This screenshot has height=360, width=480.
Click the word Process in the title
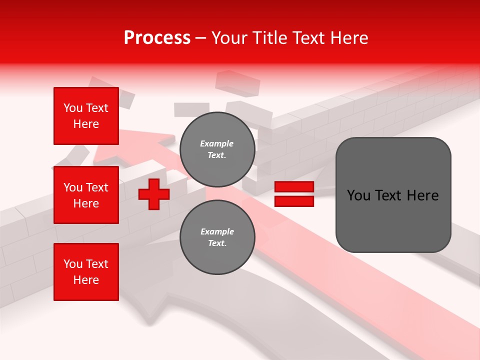pos(157,38)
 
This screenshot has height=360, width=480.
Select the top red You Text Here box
pos(86,116)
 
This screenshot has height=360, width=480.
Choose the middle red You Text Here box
pos(86,195)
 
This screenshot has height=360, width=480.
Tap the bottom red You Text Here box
pos(86,272)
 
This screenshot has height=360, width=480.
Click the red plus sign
pos(154,194)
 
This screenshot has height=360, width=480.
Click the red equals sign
pos(294,194)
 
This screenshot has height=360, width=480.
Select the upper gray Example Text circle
pos(217,149)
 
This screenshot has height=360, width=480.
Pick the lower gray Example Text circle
pos(217,237)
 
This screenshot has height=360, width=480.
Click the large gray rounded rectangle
pos(393,195)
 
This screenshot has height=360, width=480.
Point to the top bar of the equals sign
pos(294,187)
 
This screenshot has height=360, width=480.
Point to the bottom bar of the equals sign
pos(294,201)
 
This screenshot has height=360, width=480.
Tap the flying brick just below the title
pos(237,82)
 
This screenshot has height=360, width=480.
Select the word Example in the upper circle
pos(217,143)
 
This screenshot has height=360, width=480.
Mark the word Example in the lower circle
pos(217,231)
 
